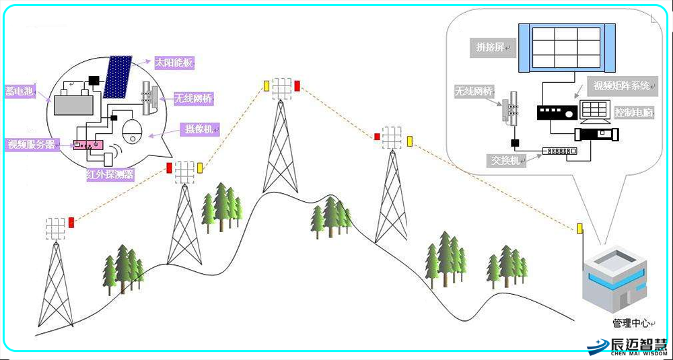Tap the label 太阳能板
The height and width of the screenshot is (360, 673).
174,63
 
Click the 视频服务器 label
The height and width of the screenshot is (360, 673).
31,144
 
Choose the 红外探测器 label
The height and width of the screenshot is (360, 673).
109,174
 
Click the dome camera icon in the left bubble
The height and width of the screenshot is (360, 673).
133,132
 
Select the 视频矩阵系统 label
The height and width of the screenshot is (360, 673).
623,85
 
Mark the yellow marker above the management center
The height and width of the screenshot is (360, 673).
579,229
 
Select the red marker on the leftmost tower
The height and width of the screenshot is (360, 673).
71,222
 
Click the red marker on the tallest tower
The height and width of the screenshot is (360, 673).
297,85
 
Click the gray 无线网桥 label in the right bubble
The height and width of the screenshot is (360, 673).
474,91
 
